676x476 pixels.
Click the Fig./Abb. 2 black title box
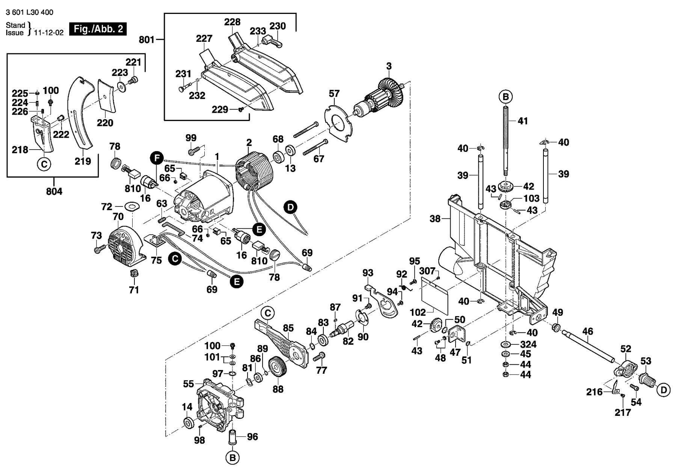pos(98,29)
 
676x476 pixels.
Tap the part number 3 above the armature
pos(389,66)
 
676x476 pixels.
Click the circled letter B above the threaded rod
pos(505,97)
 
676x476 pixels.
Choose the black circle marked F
pos(157,158)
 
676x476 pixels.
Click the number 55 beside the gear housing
pos(189,384)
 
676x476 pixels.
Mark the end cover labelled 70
pos(124,244)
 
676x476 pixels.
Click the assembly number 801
pos(146,39)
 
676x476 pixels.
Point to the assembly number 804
pos(54,191)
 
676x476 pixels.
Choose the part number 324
pos(528,344)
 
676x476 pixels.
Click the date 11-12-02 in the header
pos(49,33)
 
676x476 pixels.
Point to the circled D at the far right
pos(664,390)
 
